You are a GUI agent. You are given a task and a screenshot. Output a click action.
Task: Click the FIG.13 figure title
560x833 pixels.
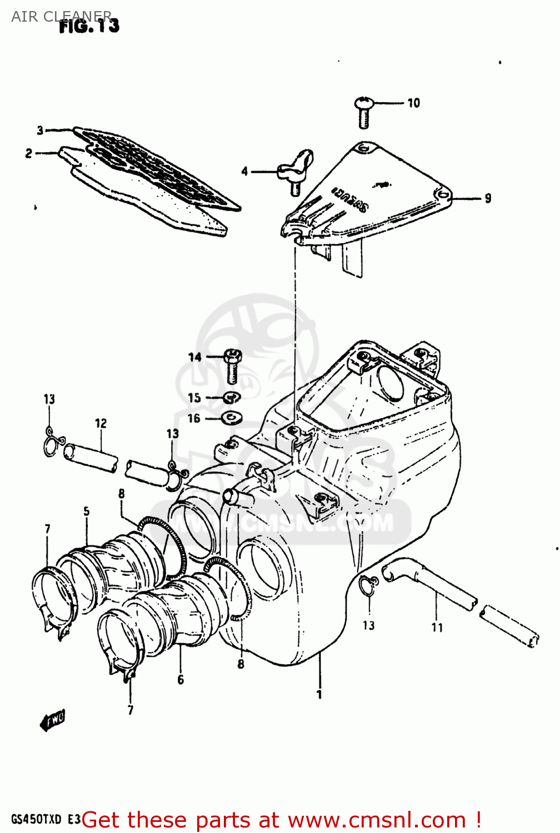point(89,26)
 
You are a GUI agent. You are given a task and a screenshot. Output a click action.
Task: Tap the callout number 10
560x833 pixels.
point(413,103)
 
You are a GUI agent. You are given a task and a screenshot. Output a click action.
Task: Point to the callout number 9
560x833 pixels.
point(487,198)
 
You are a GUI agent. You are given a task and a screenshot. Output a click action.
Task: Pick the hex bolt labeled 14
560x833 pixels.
point(232,365)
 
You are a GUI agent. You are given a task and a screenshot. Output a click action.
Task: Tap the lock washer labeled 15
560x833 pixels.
point(231,398)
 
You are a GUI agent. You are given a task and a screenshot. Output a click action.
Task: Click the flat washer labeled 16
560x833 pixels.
point(231,417)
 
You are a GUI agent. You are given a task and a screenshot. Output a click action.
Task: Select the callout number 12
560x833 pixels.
point(101,424)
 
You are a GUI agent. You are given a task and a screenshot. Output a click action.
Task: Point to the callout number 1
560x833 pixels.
point(319,694)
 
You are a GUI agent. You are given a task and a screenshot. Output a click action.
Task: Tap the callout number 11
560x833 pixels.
point(437,628)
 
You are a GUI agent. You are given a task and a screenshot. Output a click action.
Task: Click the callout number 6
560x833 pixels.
point(181,680)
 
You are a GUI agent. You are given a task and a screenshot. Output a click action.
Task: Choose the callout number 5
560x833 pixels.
point(87,511)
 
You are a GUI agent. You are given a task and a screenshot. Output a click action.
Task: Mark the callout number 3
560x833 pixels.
point(40,131)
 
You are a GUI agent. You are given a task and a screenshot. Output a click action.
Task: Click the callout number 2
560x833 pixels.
point(28,153)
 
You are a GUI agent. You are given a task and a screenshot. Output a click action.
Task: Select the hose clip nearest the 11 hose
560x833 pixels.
point(367,585)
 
